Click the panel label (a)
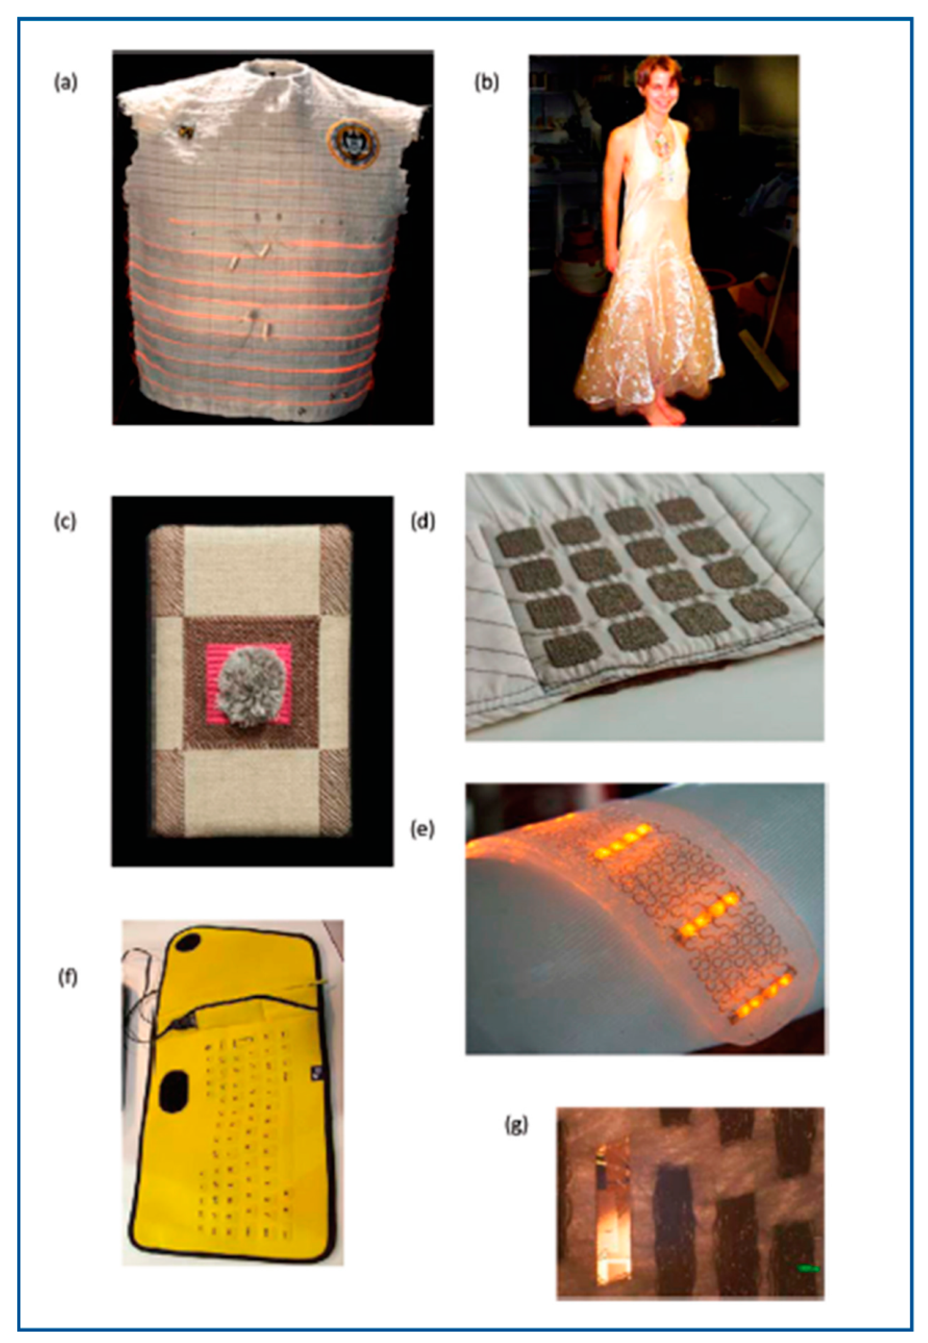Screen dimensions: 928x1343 (x=65, y=83)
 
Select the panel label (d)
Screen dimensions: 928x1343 (x=423, y=522)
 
